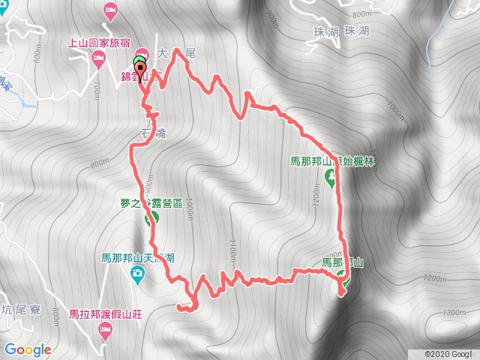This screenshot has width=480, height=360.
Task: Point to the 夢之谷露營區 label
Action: pyautogui.click(x=151, y=202)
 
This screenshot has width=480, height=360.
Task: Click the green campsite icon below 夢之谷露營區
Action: pyautogui.click(x=151, y=218)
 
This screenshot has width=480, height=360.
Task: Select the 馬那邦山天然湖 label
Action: pyautogui.click(x=138, y=258)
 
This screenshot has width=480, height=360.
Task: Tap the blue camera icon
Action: pyautogui.click(x=137, y=274)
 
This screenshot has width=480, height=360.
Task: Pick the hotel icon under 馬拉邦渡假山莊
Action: pyautogui.click(x=106, y=330)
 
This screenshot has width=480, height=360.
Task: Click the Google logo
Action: pyautogui.click(x=28, y=349)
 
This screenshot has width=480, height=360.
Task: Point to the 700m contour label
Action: pyautogui.click(x=95, y=91)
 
